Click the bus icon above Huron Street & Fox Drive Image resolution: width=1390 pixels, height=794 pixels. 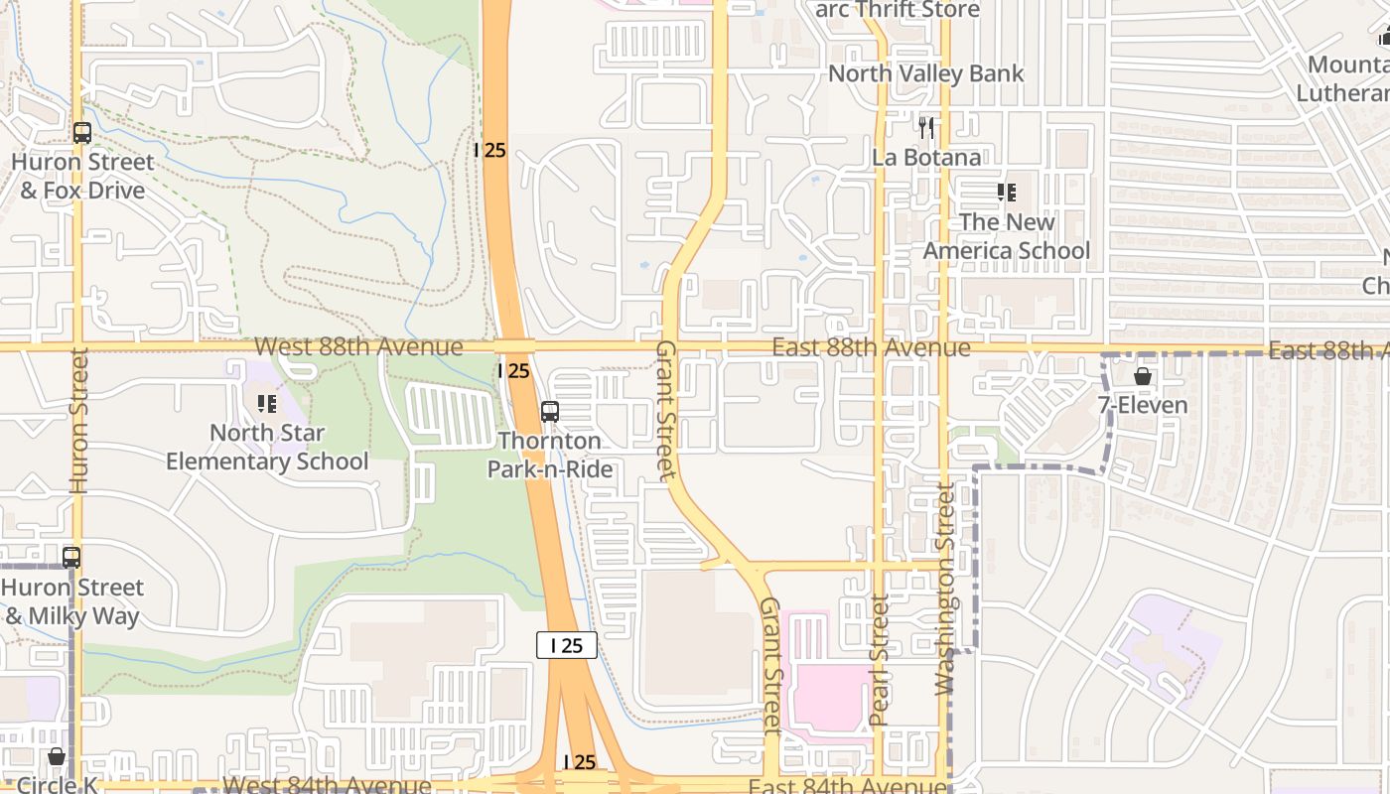82,133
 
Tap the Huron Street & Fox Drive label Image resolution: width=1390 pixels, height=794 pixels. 83,176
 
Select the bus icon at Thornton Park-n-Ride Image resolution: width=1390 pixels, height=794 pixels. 550,411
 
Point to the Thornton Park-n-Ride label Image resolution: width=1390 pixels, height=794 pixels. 550,455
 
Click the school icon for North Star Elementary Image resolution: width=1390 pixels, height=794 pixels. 267,403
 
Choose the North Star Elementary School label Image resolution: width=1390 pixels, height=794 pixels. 267,447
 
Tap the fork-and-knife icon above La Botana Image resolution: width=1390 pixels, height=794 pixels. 926,127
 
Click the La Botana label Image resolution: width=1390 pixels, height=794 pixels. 926,157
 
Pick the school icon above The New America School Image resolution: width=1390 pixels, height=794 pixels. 1007,193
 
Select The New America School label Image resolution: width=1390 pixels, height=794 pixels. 1007,236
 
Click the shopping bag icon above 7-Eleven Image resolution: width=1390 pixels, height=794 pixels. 1143,376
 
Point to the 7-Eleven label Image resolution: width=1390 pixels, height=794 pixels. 1143,405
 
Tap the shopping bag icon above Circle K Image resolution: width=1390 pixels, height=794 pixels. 57,757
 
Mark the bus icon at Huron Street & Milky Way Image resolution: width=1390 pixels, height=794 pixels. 71,558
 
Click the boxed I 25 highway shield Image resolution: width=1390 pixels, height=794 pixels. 567,645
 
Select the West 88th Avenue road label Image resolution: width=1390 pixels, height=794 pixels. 358,346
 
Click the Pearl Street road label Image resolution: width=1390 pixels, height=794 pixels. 879,659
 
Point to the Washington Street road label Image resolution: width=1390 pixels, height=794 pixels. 944,589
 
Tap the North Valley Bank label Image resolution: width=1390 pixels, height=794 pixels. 925,73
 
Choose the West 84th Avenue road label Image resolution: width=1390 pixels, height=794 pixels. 328,785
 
